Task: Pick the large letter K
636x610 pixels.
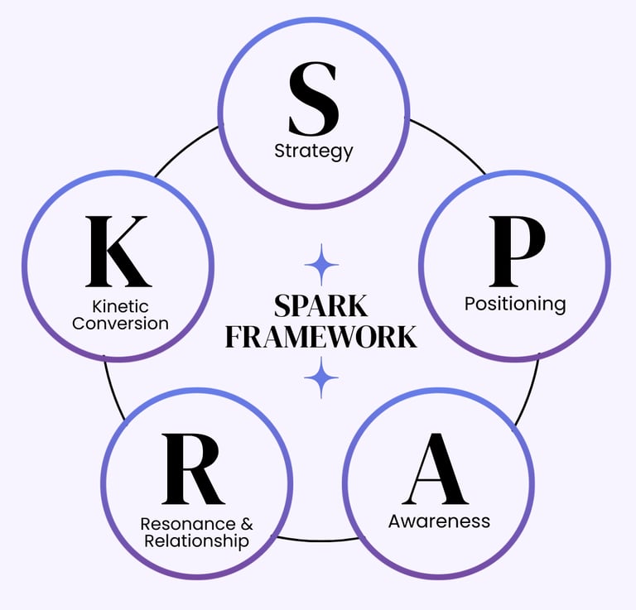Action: [118, 251]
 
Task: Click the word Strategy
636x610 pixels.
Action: [313, 151]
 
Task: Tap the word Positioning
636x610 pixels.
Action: [514, 304]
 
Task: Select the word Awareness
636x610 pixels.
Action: [439, 521]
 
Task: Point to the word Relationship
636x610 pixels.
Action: [196, 541]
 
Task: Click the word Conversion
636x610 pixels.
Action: [120, 324]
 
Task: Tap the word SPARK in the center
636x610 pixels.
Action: [321, 306]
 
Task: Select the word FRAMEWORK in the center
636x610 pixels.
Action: [321, 337]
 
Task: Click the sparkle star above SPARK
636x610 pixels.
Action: [321, 266]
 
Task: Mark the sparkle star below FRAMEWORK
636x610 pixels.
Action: [321, 377]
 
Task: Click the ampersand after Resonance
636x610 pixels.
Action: [247, 524]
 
